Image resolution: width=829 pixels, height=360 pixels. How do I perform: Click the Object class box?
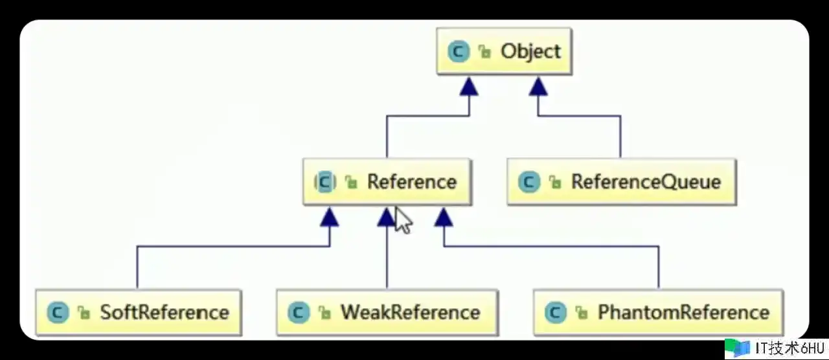click(x=504, y=51)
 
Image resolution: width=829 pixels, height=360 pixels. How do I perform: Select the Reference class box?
click(x=387, y=182)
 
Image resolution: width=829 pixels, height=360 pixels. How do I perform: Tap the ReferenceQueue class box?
click(x=620, y=182)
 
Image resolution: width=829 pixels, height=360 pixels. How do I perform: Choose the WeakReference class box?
click(x=387, y=313)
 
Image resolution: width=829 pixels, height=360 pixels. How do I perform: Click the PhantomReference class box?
click(x=658, y=313)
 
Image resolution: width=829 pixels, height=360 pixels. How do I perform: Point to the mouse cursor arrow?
click(x=402, y=219)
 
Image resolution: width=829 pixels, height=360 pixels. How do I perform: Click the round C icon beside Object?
click(x=459, y=52)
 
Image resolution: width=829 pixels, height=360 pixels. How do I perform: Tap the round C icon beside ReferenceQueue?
click(x=529, y=182)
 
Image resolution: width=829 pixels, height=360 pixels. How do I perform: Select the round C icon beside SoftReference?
click(x=58, y=313)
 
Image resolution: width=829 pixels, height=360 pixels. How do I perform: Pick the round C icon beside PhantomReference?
click(x=556, y=313)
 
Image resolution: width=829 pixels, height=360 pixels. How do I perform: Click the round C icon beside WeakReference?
click(x=299, y=313)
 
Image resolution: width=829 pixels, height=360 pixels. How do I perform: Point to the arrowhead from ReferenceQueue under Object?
click(x=538, y=86)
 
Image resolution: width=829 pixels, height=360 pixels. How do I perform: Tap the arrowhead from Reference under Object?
click(x=469, y=86)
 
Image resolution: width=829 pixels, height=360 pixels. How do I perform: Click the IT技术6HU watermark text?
click(x=790, y=348)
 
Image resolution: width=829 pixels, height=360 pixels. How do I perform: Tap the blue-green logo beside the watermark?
click(x=737, y=348)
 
